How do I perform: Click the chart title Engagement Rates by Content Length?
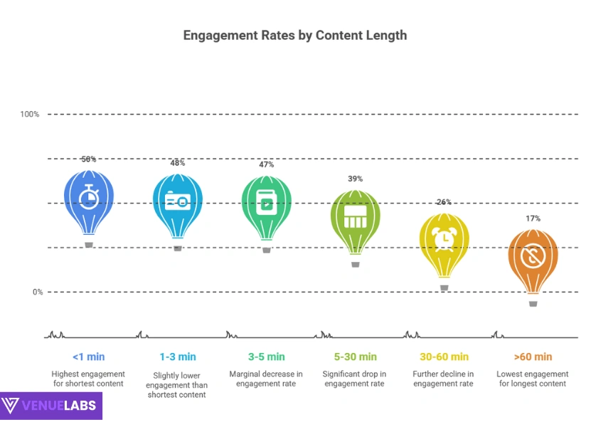pyautogui.click(x=295, y=35)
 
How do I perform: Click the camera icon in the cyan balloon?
pyautogui.click(x=178, y=201)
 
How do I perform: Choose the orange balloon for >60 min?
pyautogui.click(x=533, y=257)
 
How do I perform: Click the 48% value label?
pyautogui.click(x=178, y=163)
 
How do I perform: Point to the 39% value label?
pyautogui.click(x=356, y=179)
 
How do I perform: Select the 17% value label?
pyautogui.click(x=533, y=218)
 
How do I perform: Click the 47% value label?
pyautogui.click(x=267, y=164)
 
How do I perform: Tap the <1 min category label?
pyautogui.click(x=88, y=357)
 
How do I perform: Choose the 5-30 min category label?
pyautogui.click(x=354, y=357)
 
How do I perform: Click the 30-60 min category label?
pyautogui.click(x=444, y=357)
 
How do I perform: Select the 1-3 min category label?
pyautogui.click(x=177, y=357)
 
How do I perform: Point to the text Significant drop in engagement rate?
pyautogui.click(x=354, y=379)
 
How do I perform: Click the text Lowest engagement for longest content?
pyautogui.click(x=533, y=379)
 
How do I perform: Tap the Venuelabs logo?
pyautogui.click(x=51, y=406)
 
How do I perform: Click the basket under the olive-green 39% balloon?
pyautogui.click(x=356, y=264)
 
